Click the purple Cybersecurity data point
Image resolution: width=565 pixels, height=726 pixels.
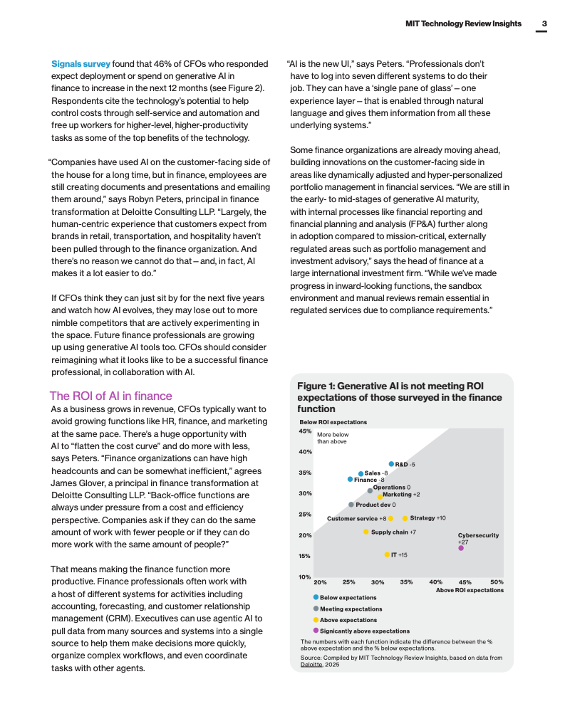tap(461, 548)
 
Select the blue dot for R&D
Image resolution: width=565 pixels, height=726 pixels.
tap(391, 464)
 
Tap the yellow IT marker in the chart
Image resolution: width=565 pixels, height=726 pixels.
tap(387, 554)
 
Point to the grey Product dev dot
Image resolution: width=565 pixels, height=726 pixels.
tap(351, 505)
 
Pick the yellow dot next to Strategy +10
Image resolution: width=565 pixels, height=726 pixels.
tap(405, 518)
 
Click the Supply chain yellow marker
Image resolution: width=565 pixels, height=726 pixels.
tap(366, 532)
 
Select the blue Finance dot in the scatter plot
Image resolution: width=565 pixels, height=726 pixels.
tap(350, 480)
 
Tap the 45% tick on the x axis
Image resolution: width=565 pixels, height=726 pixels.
tap(465, 582)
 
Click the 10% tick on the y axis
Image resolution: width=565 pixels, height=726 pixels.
tap(305, 577)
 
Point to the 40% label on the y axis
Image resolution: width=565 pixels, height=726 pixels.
tap(305, 451)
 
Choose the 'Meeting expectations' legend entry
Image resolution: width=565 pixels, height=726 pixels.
tap(351, 609)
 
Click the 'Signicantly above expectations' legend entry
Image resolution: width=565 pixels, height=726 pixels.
tap(364, 631)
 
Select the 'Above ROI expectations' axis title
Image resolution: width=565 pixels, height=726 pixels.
tap(470, 590)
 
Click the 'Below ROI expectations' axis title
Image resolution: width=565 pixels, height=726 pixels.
tap(333, 422)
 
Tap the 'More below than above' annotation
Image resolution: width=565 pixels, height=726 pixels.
tap(333, 438)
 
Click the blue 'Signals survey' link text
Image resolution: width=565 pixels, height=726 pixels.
tap(81, 64)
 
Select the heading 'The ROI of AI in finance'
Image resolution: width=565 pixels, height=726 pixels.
tap(110, 396)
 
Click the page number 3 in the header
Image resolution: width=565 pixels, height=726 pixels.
tap(544, 23)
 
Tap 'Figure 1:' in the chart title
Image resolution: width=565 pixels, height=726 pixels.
tap(316, 386)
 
